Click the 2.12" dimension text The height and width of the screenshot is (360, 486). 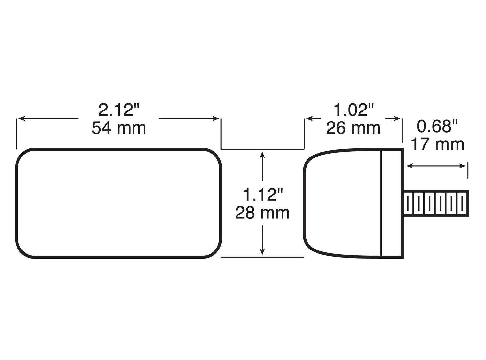point(119,110)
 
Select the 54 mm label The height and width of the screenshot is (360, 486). point(119,128)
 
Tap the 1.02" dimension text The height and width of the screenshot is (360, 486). point(353,110)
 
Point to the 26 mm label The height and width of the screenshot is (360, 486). point(353,128)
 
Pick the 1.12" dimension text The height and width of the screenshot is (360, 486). point(262,195)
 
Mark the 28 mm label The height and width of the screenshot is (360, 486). point(262,213)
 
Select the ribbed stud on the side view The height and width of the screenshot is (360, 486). point(436,203)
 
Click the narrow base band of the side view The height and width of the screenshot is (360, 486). point(392,203)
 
